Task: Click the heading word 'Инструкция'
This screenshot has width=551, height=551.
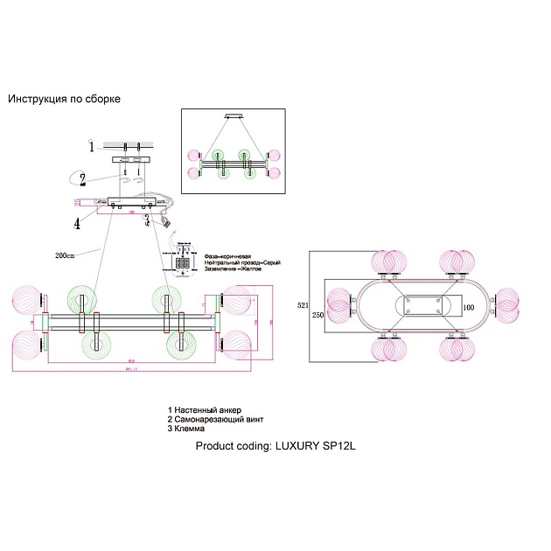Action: coord(39,100)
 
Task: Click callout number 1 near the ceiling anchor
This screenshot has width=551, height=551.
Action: coord(90,146)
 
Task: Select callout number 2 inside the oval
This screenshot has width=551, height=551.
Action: coord(81,181)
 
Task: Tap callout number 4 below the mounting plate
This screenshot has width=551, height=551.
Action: coord(78,224)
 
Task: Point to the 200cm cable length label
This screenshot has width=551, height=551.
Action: coord(66,255)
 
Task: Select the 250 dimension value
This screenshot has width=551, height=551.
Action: coord(318,316)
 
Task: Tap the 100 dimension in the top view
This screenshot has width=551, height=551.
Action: coord(468,308)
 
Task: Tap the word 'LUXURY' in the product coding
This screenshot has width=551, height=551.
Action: coord(296,445)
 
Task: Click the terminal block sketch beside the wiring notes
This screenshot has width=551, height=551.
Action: coord(184,258)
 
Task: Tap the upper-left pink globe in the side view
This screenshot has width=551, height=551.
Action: coord(24,299)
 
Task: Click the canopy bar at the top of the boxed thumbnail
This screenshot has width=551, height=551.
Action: coord(234,115)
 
